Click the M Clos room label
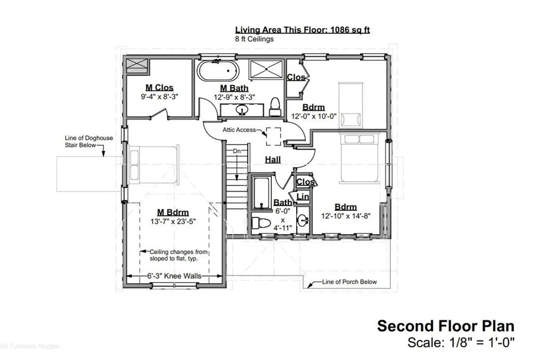click(x=159, y=88)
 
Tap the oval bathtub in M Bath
click(x=218, y=71)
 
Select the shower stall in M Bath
click(x=266, y=70)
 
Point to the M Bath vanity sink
click(x=242, y=109)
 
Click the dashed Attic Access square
click(x=273, y=136)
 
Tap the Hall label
click(x=273, y=159)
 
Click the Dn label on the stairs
click(x=237, y=150)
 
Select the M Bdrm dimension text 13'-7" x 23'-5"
click(x=173, y=221)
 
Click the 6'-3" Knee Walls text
click(x=174, y=276)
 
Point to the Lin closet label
click(x=303, y=197)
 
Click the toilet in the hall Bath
click(x=261, y=223)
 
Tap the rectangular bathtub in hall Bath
click(x=262, y=192)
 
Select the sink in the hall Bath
click(x=302, y=220)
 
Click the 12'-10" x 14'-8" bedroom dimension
click(x=346, y=216)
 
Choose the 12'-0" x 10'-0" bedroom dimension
click(x=314, y=116)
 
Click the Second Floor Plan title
click(x=446, y=325)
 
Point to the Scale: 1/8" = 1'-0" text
click(x=461, y=342)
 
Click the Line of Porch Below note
click(x=349, y=282)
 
